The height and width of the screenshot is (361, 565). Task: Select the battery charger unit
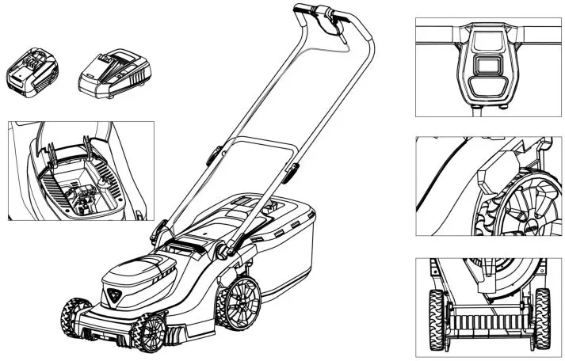[x=113, y=75]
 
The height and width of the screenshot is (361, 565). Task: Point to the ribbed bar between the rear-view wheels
[x=490, y=323]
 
